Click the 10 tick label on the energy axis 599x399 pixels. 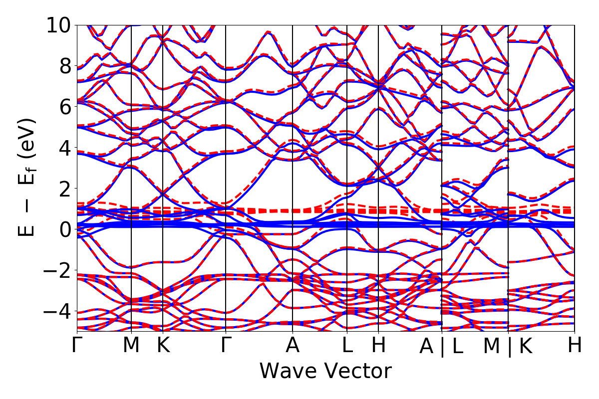[x=59, y=25]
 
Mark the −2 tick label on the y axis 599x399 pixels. [x=59, y=270]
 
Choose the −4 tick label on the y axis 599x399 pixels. [x=59, y=311]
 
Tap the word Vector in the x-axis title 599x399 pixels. [x=357, y=372]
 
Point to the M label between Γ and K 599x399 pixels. [x=131, y=346]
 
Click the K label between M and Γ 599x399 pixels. [x=163, y=346]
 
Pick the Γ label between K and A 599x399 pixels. [x=226, y=346]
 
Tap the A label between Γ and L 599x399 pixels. [x=293, y=346]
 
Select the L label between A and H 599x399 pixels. [x=347, y=346]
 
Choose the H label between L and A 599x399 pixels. [x=378, y=346]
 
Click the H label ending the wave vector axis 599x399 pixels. [x=575, y=346]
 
